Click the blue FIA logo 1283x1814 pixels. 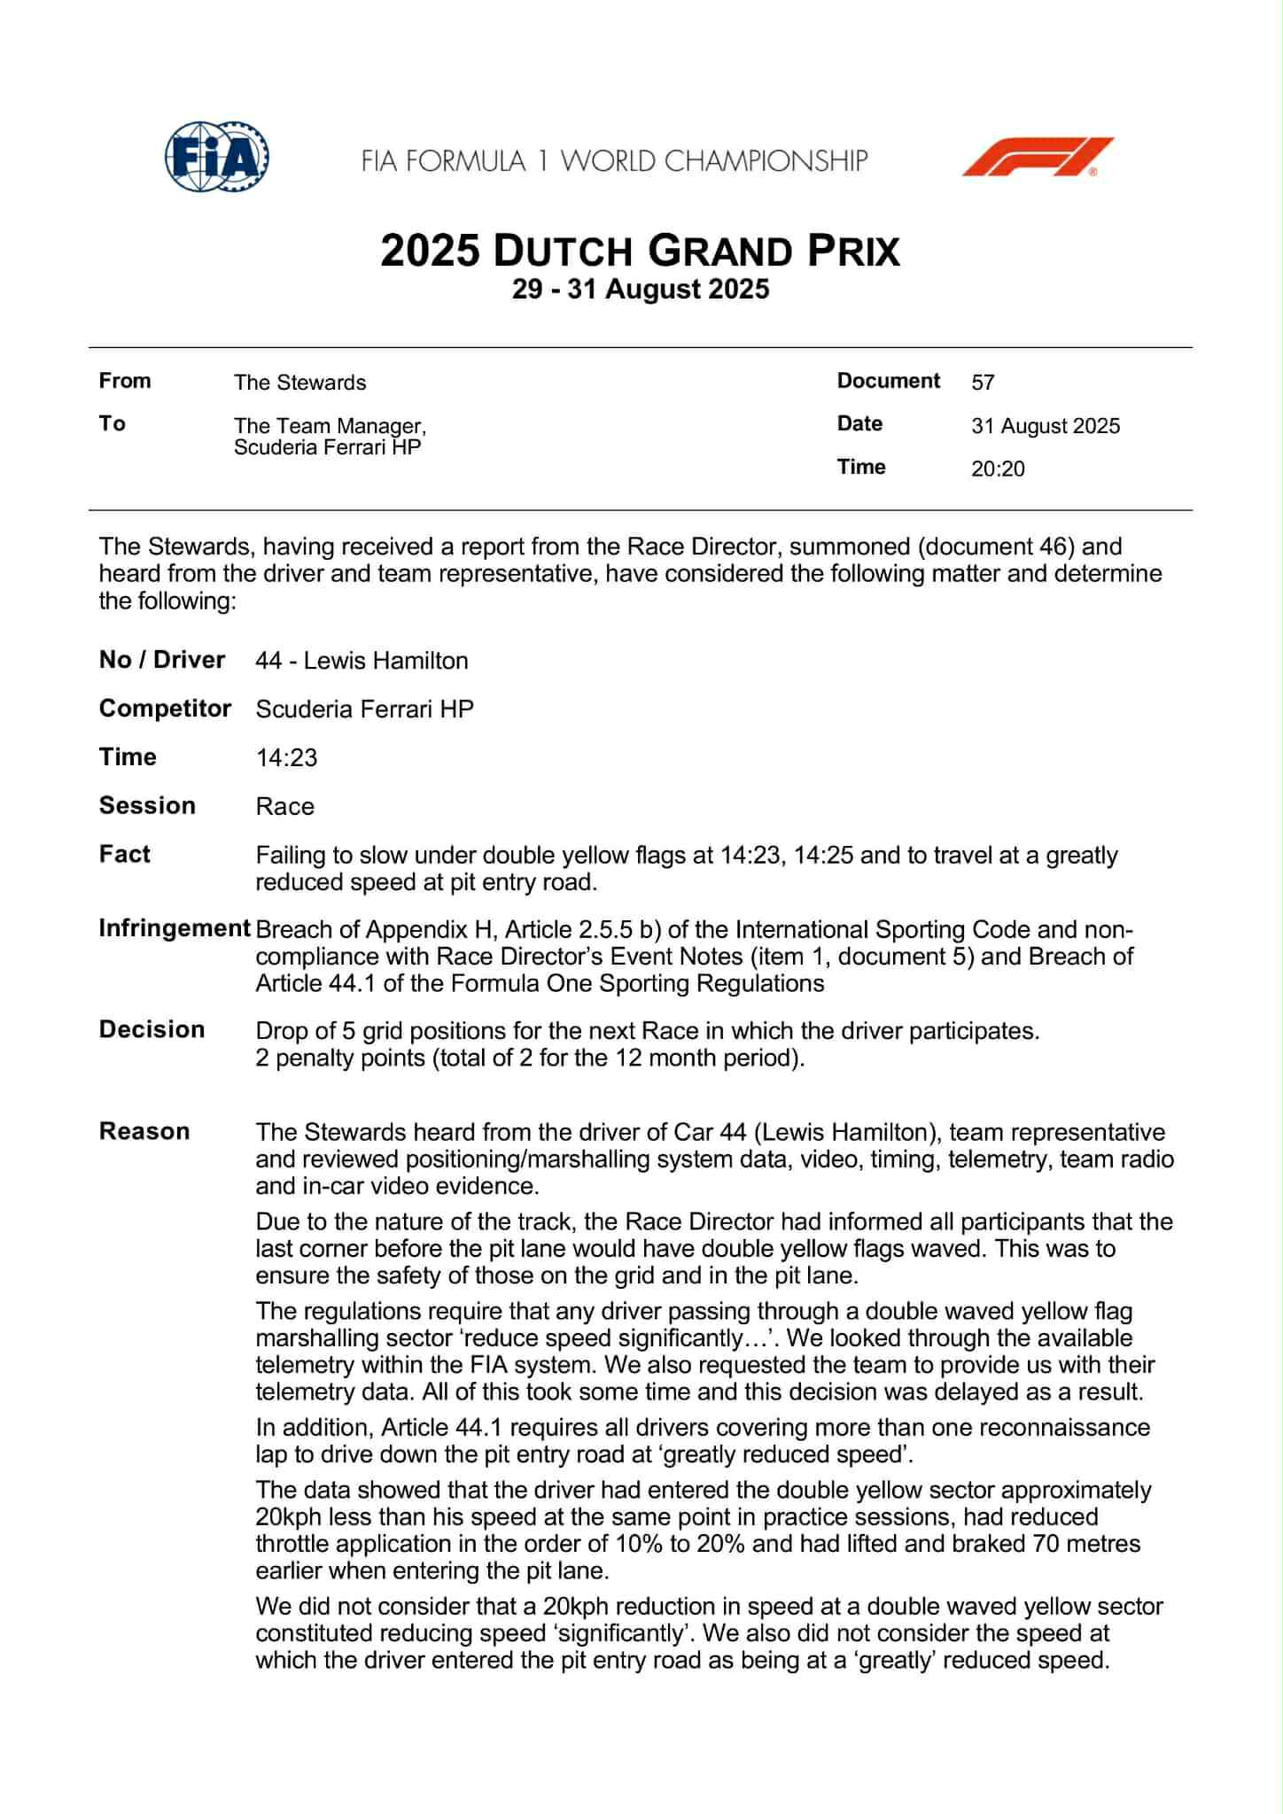(217, 157)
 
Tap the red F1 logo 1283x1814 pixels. (1038, 157)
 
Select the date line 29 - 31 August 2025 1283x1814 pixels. (641, 290)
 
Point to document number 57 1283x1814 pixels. (983, 383)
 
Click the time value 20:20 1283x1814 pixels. (998, 469)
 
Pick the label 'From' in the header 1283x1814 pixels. (125, 381)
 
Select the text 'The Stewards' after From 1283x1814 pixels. (299, 383)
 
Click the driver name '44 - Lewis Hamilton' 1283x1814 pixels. (362, 661)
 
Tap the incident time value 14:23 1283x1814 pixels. (286, 758)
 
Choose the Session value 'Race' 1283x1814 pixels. (284, 807)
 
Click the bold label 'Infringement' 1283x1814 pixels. (175, 928)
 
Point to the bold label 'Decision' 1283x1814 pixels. (152, 1029)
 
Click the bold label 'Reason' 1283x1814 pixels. (144, 1131)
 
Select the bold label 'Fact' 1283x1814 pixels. (125, 854)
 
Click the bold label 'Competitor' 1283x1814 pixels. (165, 709)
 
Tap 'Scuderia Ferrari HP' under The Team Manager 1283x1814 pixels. (327, 447)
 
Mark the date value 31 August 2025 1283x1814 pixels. (1046, 426)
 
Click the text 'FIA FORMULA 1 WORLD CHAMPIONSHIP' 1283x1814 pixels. (614, 161)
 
